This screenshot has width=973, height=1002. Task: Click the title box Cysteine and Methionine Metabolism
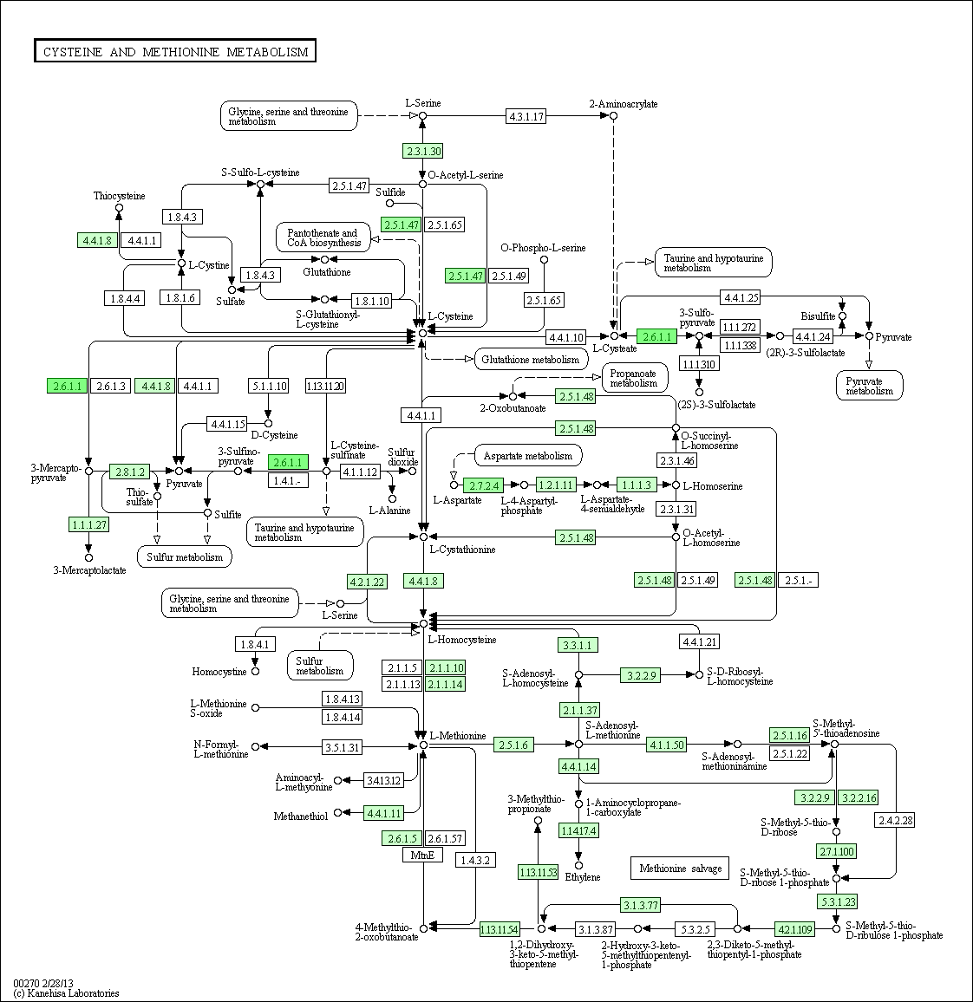175,52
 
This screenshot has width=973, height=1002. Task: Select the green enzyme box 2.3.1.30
422,151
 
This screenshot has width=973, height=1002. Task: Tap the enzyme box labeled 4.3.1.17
526,116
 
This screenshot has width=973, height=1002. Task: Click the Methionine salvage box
680,869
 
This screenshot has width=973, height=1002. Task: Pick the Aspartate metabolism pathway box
527,456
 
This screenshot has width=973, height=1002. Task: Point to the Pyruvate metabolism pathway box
869,386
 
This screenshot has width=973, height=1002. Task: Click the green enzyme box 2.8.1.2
129,472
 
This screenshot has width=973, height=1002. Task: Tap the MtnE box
422,856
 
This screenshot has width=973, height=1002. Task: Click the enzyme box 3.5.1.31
342,746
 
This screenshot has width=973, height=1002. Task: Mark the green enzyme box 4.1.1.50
666,745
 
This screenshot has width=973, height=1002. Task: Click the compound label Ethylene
583,877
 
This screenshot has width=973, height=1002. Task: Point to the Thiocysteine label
120,196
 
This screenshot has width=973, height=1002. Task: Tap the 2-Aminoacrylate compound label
623,104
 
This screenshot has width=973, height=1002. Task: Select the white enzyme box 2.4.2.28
895,820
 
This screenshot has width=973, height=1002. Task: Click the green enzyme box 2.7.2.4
486,485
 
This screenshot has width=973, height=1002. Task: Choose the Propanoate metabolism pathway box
634,377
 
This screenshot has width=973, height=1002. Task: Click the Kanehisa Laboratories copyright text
67,993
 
